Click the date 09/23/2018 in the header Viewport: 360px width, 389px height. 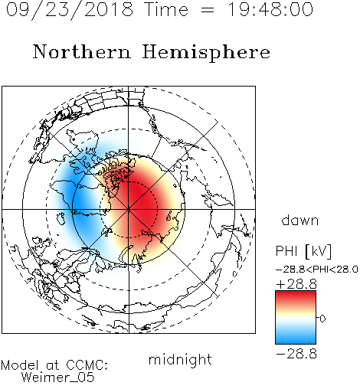pos(70,10)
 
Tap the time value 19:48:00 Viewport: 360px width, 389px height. pos(270,9)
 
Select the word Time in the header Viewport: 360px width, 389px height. pos(166,9)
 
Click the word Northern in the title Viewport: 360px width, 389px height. pos(82,51)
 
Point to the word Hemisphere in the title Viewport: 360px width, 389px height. pos(206,53)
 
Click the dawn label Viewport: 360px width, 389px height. pos(299,220)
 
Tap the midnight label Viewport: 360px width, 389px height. pos(180,360)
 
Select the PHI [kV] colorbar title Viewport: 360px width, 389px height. pos(303,251)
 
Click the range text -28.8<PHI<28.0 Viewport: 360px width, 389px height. pos(317,270)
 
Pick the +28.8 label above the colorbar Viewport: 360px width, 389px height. pos(296,284)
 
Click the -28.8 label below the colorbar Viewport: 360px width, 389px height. pos(296,354)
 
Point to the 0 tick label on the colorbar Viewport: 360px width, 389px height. pos(322,319)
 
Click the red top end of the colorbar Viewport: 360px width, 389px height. pos(296,293)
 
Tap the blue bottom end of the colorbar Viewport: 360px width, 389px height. pos(296,342)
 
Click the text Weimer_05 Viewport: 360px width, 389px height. pos(57,378)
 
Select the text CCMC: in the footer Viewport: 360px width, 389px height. pos(87,365)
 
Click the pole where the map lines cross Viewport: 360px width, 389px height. pos(129,209)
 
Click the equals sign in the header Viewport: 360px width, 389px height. pos(208,10)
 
